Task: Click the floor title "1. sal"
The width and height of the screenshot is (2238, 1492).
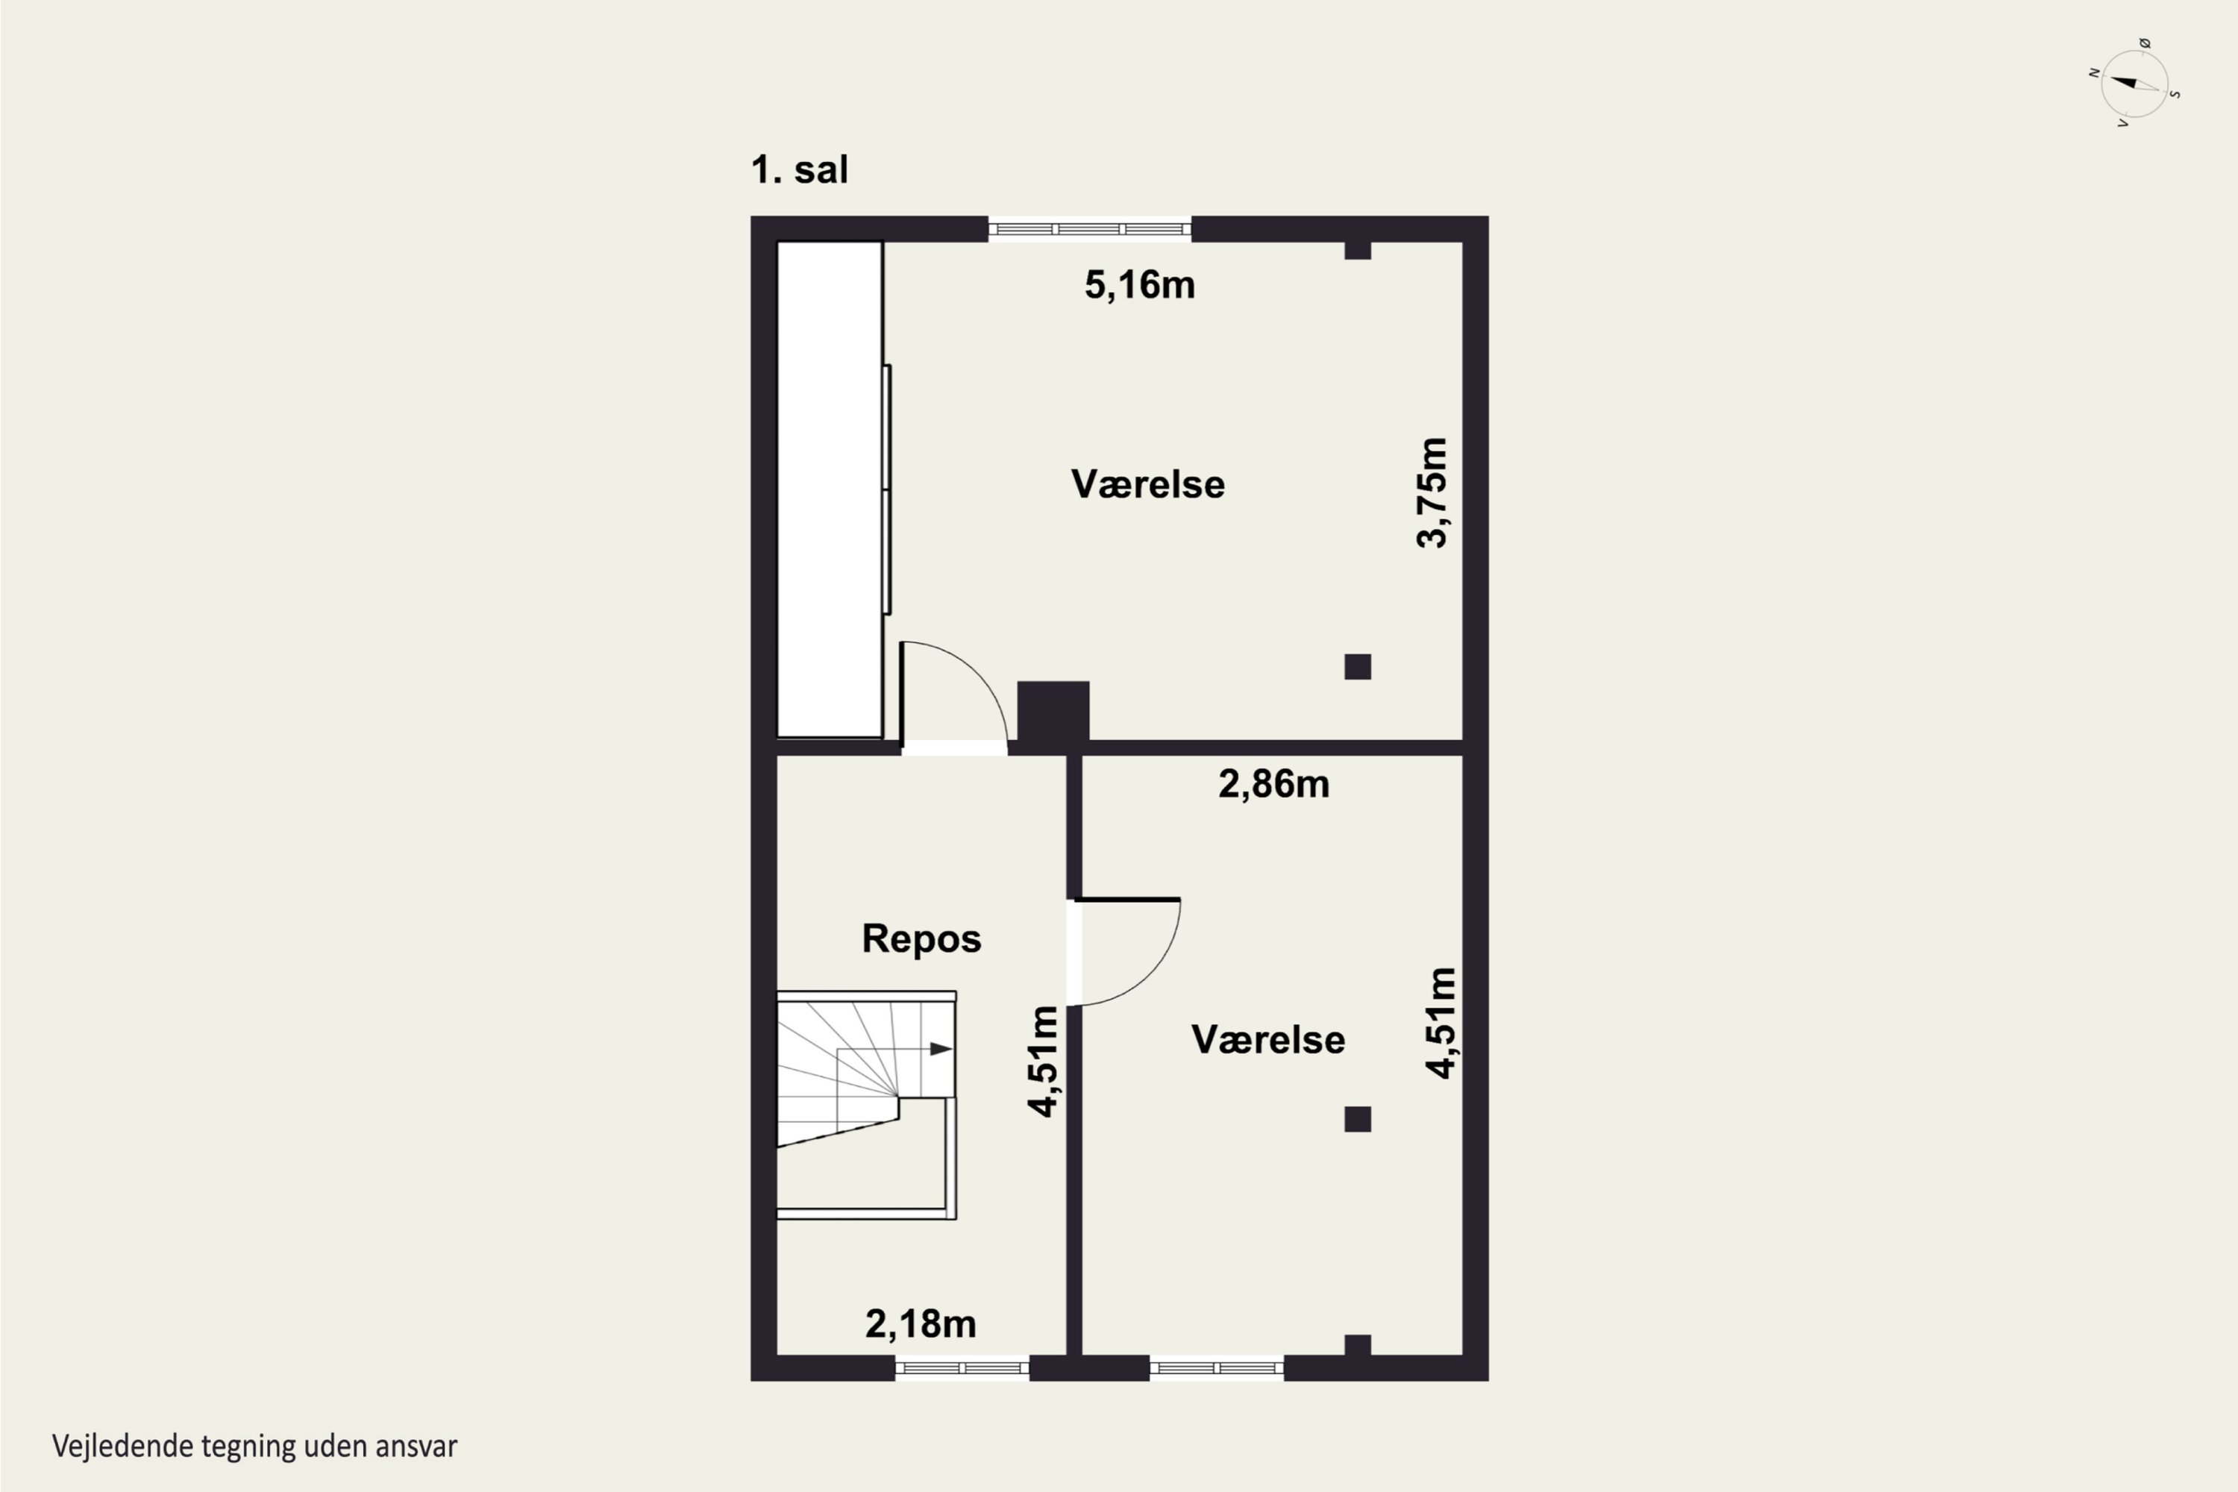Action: [x=799, y=169]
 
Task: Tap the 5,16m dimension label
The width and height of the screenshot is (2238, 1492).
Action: [x=1140, y=284]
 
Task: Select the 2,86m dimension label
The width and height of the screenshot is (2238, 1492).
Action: [x=1274, y=784]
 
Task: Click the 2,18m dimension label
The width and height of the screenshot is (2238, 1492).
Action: [x=920, y=1323]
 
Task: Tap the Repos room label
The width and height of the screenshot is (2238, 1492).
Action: [x=921, y=938]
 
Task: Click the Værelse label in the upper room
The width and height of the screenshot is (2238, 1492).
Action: [x=1147, y=484]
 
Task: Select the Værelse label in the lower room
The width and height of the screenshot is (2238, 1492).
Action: [x=1268, y=1039]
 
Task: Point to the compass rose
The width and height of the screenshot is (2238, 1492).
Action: [x=2134, y=83]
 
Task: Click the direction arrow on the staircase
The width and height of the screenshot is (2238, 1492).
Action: [x=941, y=1049]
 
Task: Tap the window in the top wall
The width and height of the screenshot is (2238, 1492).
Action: [x=1089, y=228]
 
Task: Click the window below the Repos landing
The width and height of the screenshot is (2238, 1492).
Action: [x=962, y=1368]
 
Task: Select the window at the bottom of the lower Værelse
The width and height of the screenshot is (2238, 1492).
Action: [x=1217, y=1368]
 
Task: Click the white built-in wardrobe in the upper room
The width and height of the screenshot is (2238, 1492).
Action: [x=830, y=489]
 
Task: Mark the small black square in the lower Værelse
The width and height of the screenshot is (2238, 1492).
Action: [x=1358, y=1119]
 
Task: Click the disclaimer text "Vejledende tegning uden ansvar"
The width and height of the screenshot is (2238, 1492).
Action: [x=255, y=1446]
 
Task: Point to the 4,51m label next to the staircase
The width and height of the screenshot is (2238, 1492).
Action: [x=1043, y=1061]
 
